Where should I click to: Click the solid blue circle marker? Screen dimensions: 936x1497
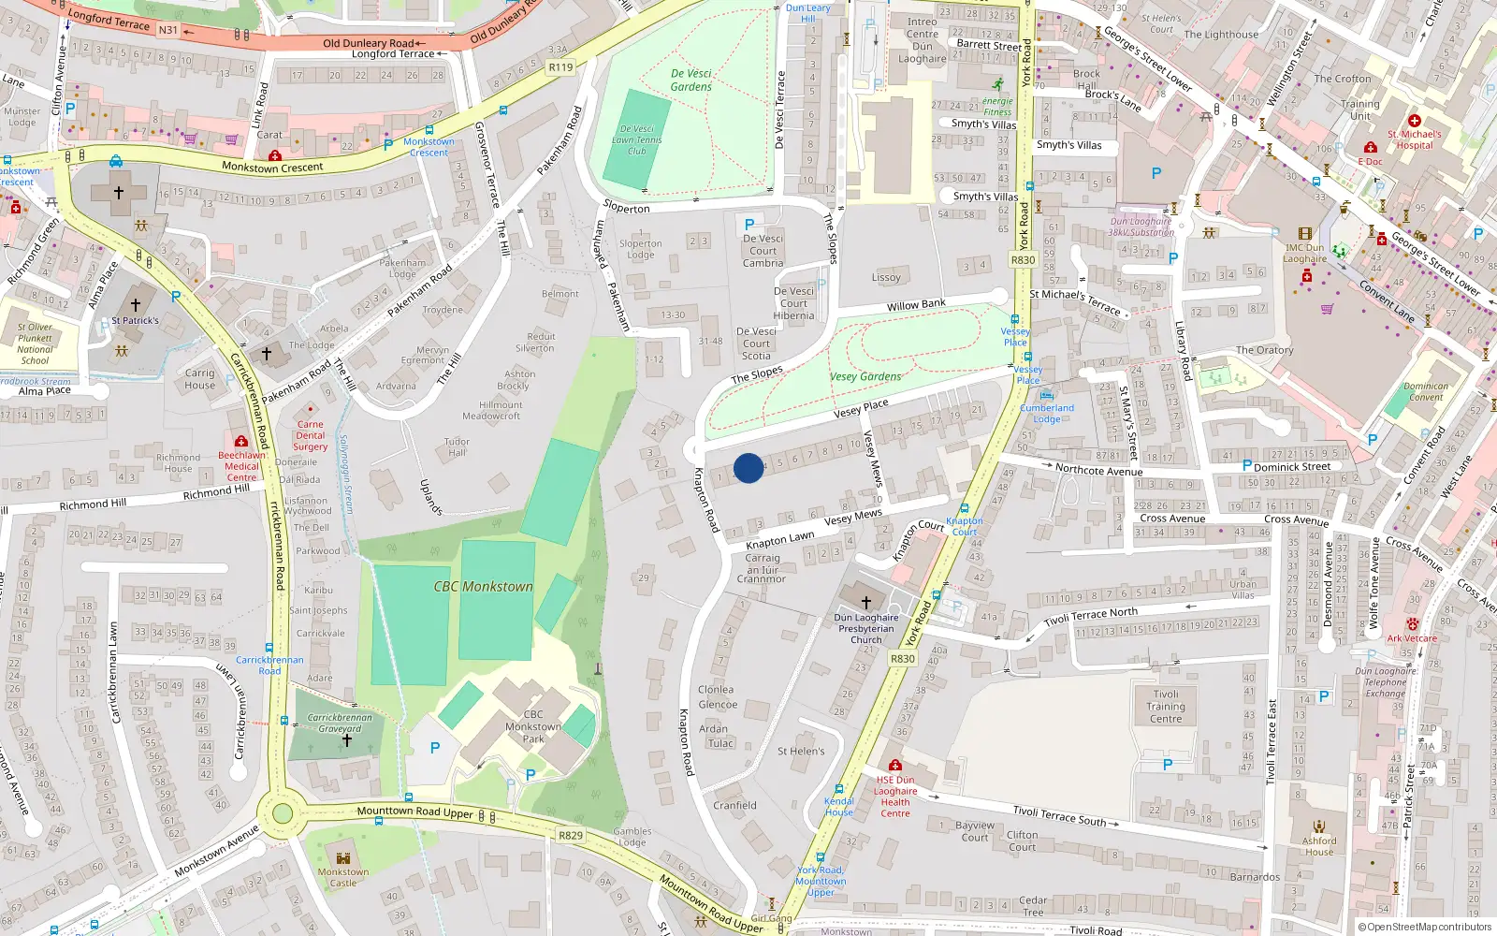tap(748, 468)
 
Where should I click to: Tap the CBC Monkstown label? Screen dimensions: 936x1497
tap(483, 587)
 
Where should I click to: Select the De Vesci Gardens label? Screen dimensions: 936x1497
tap(691, 80)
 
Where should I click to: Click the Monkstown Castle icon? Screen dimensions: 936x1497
tap(343, 857)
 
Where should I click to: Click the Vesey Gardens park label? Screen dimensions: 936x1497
tap(865, 377)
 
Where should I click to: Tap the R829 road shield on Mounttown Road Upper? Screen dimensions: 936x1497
tap(571, 835)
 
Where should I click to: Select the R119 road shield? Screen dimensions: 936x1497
tap(560, 67)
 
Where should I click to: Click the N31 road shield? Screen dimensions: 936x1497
tap(168, 30)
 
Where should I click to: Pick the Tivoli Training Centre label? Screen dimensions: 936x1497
tap(1166, 707)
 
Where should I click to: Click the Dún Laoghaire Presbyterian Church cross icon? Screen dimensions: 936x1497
tap(865, 603)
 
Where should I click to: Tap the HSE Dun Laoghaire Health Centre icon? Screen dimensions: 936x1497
tap(895, 766)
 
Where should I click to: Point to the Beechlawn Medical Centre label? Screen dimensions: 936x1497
tap(241, 466)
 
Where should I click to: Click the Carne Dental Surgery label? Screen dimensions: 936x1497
tap(311, 435)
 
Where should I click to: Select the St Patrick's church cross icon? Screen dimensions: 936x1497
tap(136, 305)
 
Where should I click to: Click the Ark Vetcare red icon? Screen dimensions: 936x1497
tap(1413, 624)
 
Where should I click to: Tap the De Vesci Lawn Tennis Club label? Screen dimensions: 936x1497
tap(637, 139)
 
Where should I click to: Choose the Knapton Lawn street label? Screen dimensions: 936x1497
tap(779, 541)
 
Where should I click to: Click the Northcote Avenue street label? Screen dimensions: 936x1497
tap(1098, 470)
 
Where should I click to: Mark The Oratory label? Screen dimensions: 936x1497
tap(1264, 350)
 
